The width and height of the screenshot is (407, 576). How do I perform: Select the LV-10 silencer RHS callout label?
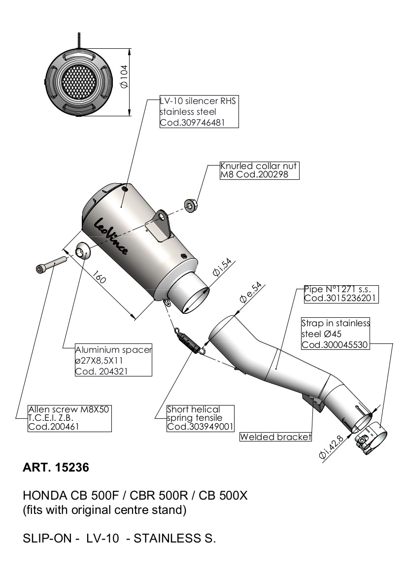[x=199, y=112]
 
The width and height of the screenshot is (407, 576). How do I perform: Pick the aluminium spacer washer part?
[x=81, y=251]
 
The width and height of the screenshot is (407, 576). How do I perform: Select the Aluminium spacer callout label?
[x=113, y=360]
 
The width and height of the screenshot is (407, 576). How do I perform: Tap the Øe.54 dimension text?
[x=250, y=292]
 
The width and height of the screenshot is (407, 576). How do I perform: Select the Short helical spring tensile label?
[x=200, y=418]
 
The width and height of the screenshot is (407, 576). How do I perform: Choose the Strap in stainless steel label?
[x=335, y=334]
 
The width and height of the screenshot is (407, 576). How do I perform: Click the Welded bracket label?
[x=275, y=437]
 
